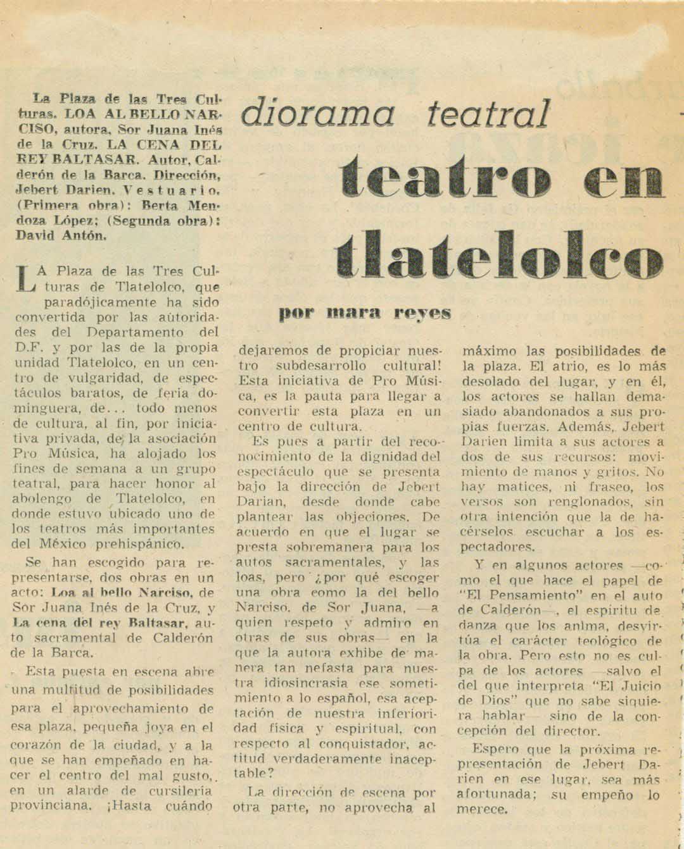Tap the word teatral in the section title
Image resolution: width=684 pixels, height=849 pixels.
488,114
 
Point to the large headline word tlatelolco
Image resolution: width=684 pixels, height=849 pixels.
498,258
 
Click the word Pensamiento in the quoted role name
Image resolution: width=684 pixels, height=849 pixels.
537,595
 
